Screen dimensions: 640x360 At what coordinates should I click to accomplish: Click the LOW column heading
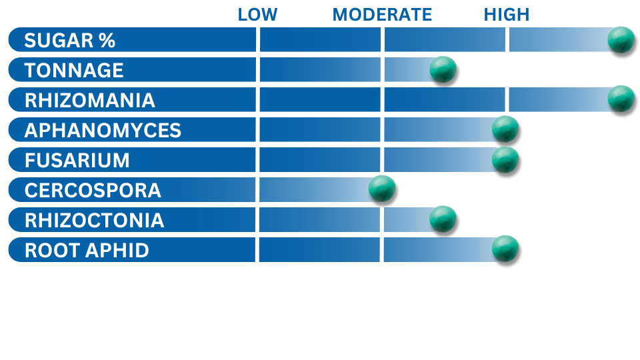pyautogui.click(x=257, y=15)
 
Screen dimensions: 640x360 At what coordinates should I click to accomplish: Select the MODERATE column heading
pyautogui.click(x=382, y=15)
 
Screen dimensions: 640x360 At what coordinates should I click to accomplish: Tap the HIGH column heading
pyautogui.click(x=507, y=15)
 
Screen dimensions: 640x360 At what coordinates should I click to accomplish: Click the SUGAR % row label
pyautogui.click(x=70, y=41)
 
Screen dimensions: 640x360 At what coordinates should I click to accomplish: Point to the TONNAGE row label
pyautogui.click(x=74, y=70)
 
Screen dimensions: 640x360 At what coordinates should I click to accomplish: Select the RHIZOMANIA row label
pyautogui.click(x=90, y=101)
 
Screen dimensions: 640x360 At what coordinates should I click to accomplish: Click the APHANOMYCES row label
pyautogui.click(x=103, y=130)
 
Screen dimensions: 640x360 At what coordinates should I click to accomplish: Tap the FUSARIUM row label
pyautogui.click(x=77, y=160)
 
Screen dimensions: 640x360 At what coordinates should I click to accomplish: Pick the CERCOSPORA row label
pyautogui.click(x=93, y=190)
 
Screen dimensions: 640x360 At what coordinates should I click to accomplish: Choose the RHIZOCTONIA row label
pyautogui.click(x=94, y=220)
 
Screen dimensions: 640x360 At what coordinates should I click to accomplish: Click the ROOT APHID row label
pyautogui.click(x=87, y=250)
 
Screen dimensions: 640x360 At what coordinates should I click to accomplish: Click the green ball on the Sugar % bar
pyautogui.click(x=621, y=39)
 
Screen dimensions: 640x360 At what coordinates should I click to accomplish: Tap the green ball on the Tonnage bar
pyautogui.click(x=443, y=69)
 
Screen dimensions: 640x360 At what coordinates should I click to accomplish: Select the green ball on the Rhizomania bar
pyautogui.click(x=621, y=99)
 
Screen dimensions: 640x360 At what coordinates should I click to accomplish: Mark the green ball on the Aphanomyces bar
pyautogui.click(x=505, y=129)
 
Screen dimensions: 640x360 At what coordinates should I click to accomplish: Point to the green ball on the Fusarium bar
pyautogui.click(x=505, y=159)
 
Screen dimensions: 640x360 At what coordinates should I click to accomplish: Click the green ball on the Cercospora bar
pyautogui.click(x=381, y=189)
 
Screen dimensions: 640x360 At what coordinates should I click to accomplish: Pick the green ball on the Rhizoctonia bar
pyautogui.click(x=443, y=219)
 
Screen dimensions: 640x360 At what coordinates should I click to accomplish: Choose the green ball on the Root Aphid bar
pyautogui.click(x=505, y=249)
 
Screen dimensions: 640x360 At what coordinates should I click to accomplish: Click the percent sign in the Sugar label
pyautogui.click(x=107, y=41)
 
